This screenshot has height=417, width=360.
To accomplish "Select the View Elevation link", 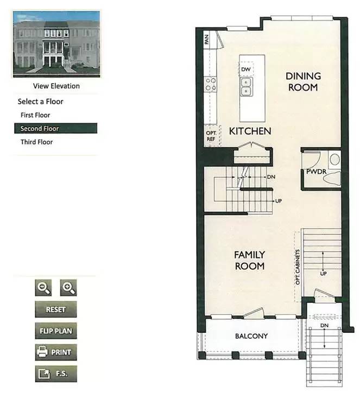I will (x=56, y=86).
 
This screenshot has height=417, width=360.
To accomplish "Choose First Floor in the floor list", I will (x=35, y=115).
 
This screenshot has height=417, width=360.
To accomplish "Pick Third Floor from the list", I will (x=36, y=142).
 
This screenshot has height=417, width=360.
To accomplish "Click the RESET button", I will (x=55, y=309).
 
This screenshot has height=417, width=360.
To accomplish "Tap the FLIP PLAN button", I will (x=55, y=331).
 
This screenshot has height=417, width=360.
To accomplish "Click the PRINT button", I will (x=55, y=352).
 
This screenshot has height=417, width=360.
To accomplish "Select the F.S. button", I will (x=55, y=374).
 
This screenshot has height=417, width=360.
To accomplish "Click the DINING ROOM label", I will (x=303, y=81).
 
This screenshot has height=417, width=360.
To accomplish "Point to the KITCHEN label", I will (x=250, y=131).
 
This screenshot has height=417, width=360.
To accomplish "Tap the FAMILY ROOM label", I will (x=249, y=260).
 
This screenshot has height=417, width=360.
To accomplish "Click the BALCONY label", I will (x=251, y=336).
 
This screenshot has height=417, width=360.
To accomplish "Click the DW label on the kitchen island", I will (x=246, y=70).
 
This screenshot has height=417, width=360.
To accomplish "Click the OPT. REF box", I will (x=211, y=136).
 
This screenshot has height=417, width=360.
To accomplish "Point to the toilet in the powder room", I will (x=334, y=159).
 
